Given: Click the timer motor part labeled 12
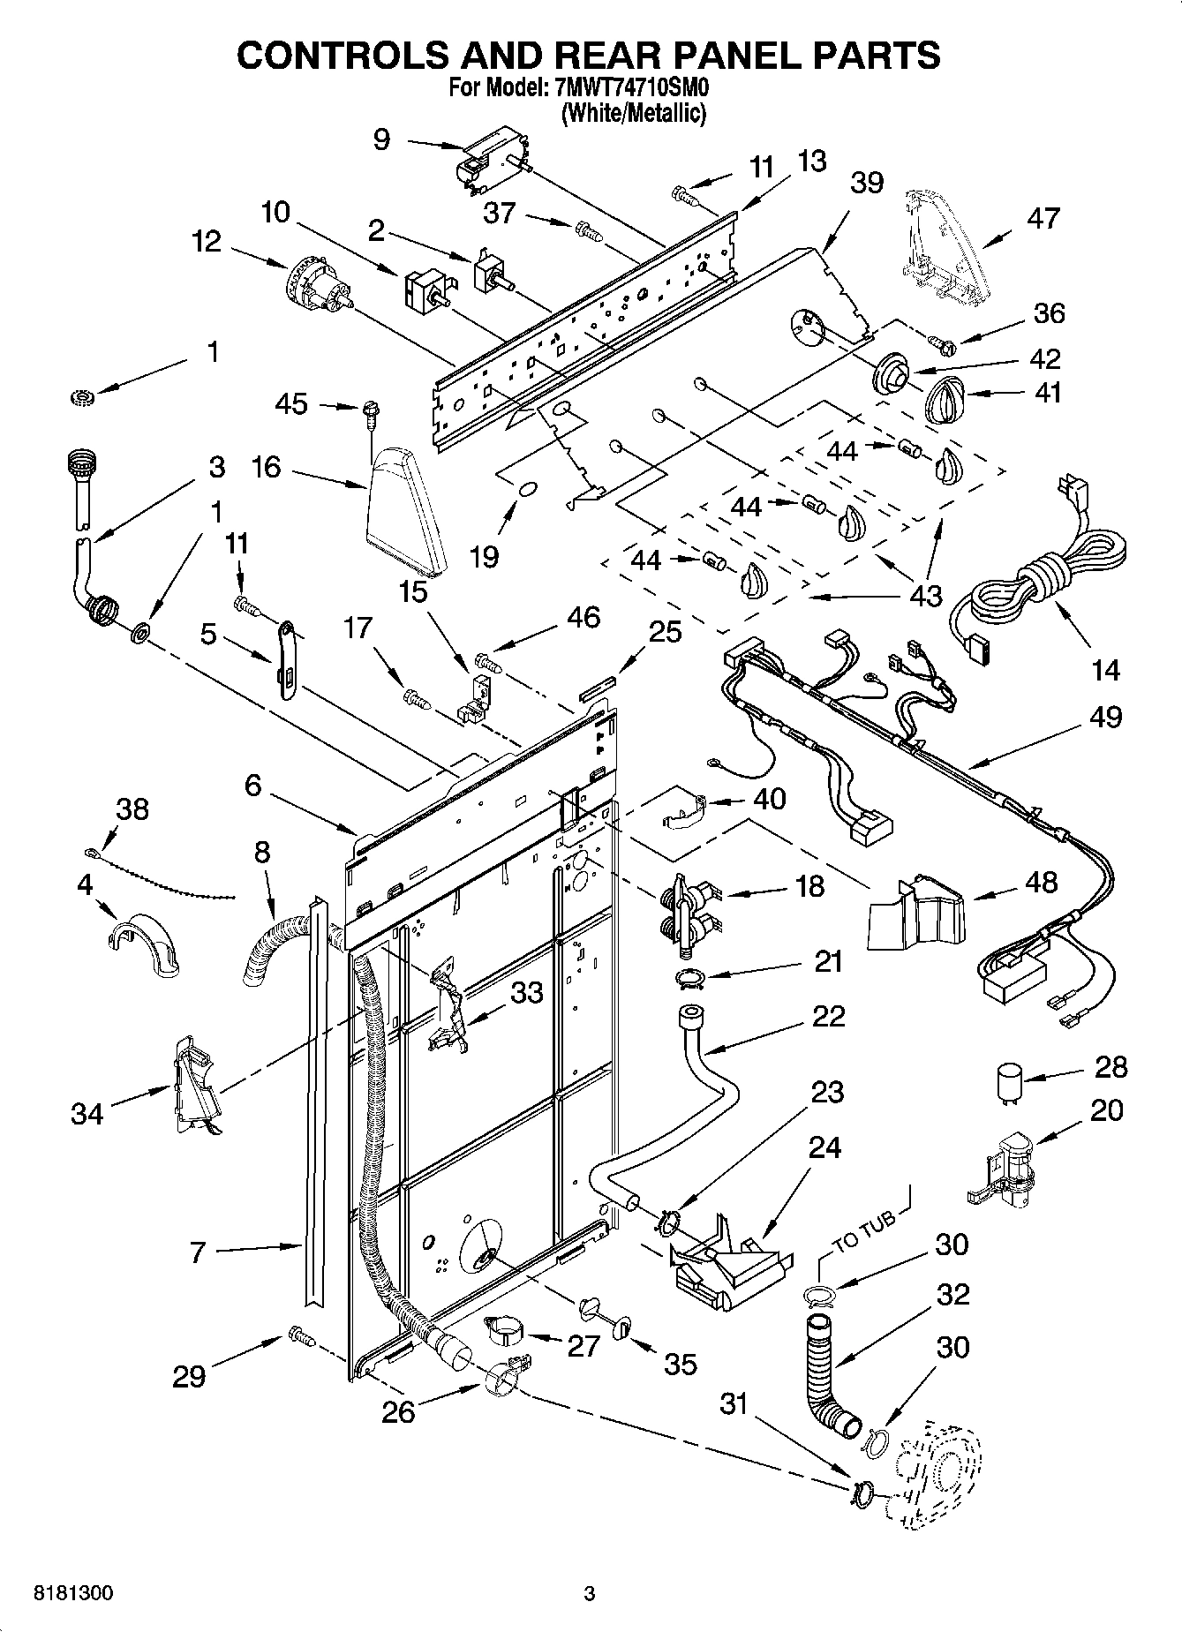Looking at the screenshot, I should pos(318,287).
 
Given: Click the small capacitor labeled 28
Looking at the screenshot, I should pos(1008,1083).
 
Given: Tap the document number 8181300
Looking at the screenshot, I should pos(72,1594).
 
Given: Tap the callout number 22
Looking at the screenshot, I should pos(826,1016).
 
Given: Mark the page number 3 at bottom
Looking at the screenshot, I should pos(590,1594).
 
